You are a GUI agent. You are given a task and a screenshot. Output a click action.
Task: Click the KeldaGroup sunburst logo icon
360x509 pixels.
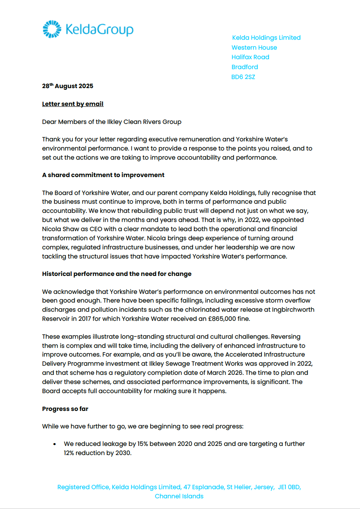52,29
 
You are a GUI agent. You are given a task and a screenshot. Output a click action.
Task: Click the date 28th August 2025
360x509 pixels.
68,86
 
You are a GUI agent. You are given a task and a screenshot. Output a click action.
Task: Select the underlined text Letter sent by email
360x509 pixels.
73,104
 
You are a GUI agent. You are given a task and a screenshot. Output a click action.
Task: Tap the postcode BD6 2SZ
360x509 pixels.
243,77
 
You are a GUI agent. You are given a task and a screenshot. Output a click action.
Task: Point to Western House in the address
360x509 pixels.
254,48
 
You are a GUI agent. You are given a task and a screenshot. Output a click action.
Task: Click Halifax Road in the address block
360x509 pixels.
250,57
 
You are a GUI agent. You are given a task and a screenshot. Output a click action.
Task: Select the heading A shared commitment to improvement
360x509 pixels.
103,175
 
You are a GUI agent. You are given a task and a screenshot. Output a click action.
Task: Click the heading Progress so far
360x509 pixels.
65,409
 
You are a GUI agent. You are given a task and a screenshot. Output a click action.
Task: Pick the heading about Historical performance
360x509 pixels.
117,274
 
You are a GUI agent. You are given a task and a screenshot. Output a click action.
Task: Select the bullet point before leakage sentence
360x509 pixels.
54,444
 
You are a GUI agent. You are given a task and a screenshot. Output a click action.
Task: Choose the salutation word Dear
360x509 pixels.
50,122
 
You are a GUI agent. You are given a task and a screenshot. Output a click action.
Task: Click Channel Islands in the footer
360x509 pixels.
179,496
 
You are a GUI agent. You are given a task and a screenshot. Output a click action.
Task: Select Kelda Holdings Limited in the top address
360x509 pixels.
266,38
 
